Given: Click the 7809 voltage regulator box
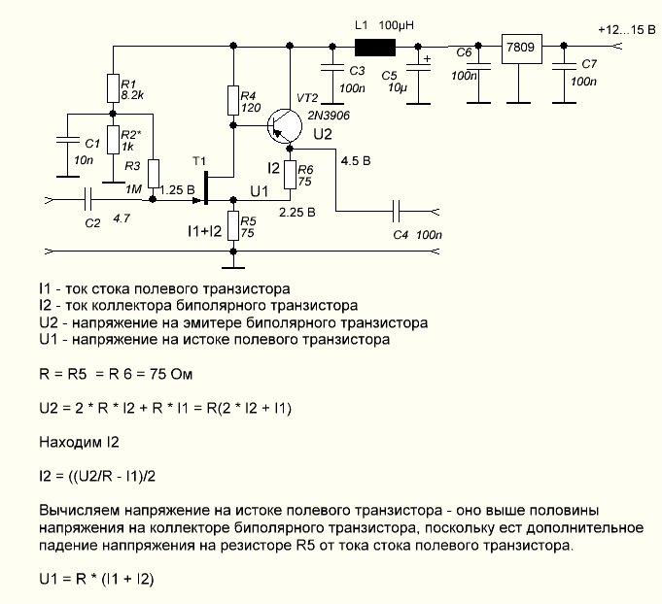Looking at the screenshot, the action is tap(521, 49).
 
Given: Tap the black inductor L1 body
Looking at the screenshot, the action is tap(375, 48).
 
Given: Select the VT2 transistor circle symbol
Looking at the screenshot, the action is tap(285, 125).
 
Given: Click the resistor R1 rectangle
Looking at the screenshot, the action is tap(113, 88).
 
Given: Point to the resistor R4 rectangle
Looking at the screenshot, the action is tap(233, 100).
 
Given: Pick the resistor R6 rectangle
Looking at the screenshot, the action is tap(290, 175).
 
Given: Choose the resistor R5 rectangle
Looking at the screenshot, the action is tap(233, 226).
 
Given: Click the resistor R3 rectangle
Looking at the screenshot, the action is tap(154, 174).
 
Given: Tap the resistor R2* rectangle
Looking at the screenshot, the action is tap(113, 140).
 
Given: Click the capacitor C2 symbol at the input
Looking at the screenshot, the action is tap(87, 199).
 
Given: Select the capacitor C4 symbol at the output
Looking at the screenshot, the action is tap(396, 211).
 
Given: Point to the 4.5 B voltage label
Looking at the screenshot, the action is tap(356, 161).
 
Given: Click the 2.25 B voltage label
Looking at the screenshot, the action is tap(297, 212).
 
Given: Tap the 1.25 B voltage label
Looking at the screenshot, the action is tap(177, 189).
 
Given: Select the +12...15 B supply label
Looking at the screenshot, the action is tap(627, 30).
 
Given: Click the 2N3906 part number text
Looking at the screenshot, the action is tap(329, 116).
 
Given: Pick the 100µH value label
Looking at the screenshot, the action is tap(396, 25).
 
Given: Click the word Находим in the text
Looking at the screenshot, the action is tap(67, 442).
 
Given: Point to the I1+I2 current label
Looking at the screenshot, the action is tap(205, 231).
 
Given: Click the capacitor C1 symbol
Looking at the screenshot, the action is tap(67, 140).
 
